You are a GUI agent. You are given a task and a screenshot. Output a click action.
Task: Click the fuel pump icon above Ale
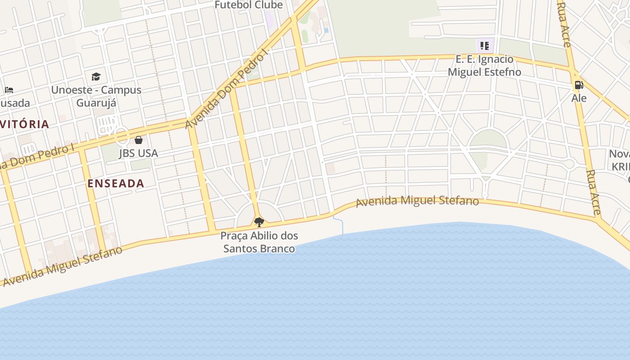click(579, 85)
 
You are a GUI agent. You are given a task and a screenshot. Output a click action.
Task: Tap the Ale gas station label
click(579, 98)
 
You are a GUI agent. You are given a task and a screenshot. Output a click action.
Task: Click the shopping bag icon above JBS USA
click(139, 140)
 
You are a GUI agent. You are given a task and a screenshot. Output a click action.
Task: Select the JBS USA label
click(139, 153)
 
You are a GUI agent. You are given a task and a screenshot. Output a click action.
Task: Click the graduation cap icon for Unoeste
click(96, 76)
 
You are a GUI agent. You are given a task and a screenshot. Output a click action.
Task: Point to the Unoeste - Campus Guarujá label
click(96, 96)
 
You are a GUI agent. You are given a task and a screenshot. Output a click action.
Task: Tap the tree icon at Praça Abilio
click(259, 222)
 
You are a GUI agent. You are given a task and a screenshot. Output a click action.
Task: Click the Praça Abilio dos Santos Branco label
click(259, 242)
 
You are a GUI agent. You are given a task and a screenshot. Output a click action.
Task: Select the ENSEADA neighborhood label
click(116, 183)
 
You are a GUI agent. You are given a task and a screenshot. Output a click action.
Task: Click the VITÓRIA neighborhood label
click(25, 124)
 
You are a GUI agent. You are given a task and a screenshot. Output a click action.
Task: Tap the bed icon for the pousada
click(9, 90)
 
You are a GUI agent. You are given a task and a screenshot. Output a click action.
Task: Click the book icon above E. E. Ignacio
click(485, 45)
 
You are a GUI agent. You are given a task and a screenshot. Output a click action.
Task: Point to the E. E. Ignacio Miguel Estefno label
click(484, 66)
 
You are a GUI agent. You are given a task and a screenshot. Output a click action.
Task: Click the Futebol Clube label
click(248, 5)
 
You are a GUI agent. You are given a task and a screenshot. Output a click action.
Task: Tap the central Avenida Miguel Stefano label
click(417, 201)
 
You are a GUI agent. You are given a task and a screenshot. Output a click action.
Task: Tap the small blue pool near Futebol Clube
click(326, 30)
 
